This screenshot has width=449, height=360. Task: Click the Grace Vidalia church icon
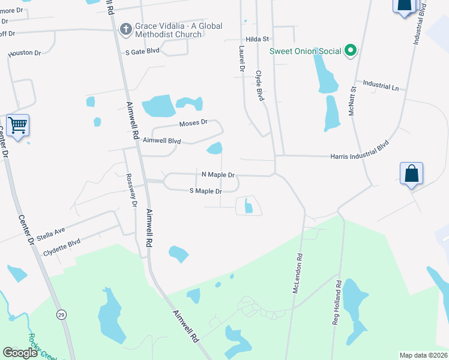pos(125,28)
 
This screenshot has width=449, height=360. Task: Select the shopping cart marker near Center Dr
pos(18,126)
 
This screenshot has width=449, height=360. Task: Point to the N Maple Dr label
pos(217,175)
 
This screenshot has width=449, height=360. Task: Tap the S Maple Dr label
pos(206,191)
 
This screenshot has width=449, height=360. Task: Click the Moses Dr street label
pos(193,122)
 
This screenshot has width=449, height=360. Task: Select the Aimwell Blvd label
pos(162,140)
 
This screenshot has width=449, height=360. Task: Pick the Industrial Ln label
pos(377,87)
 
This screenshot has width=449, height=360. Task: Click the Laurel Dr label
pos(242,59)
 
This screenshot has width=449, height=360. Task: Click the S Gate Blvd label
pos(142,52)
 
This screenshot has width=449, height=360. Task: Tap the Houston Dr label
pos(25,53)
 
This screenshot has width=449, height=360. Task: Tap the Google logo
pos(20,353)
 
